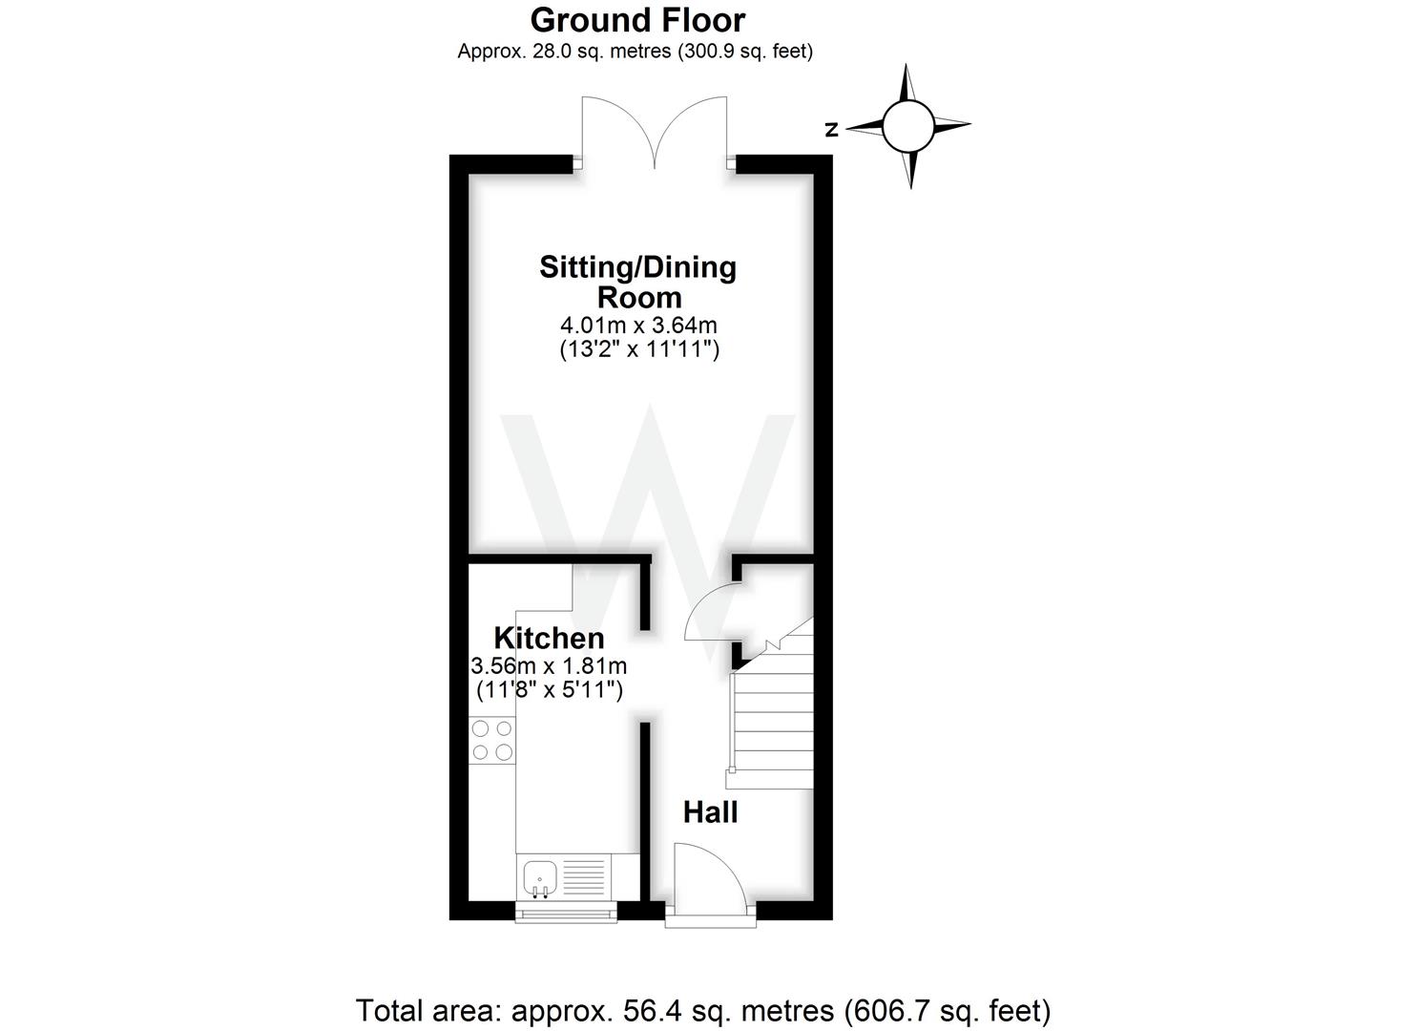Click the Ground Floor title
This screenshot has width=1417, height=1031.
(x=637, y=19)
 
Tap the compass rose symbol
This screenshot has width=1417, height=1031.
(x=907, y=126)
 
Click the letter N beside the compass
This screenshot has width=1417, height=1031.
(x=832, y=130)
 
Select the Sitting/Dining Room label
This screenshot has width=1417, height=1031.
(x=637, y=281)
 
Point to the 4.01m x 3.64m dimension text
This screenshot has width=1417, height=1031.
(x=638, y=326)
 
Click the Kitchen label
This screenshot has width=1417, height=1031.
(x=549, y=638)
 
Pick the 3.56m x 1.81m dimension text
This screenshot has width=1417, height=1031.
(x=549, y=665)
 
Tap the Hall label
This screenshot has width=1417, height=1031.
(x=710, y=812)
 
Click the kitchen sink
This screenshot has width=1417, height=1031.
(x=539, y=876)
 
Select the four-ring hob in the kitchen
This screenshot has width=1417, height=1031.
(x=492, y=741)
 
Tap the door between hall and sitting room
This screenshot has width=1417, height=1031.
(x=711, y=616)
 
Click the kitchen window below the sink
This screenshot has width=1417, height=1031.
(x=566, y=913)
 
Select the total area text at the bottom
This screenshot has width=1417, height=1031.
(x=703, y=1010)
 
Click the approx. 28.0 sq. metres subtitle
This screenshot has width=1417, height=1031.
(x=635, y=52)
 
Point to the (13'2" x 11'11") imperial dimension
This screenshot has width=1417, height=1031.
(x=638, y=349)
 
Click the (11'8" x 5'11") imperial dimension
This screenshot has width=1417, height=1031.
(x=549, y=689)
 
